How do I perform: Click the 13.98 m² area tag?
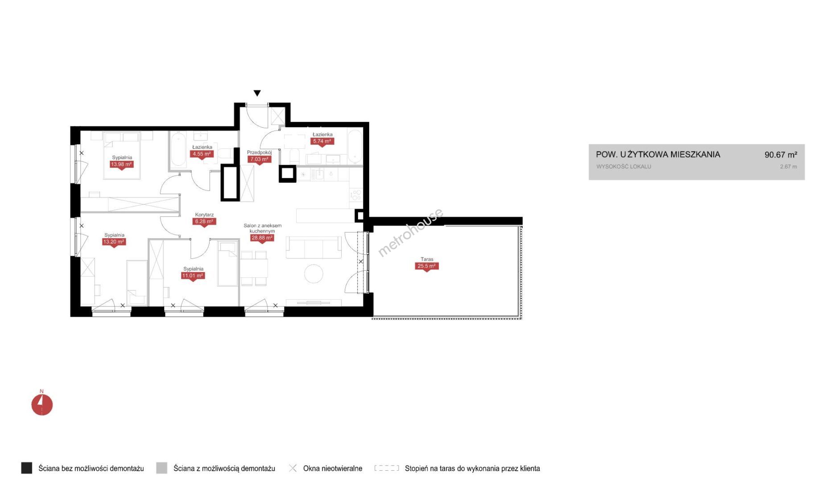[121, 164]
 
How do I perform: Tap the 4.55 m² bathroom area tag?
[202, 154]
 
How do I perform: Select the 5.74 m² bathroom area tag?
[322, 142]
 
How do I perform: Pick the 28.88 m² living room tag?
[262, 238]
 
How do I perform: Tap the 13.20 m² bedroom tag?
[114, 242]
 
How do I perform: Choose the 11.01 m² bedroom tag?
[193, 276]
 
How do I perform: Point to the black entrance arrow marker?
[257, 93]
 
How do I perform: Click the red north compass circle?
[42, 405]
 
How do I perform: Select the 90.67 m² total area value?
[780, 155]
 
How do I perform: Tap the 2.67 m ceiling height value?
[788, 167]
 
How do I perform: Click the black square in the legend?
[27, 468]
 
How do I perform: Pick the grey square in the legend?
[162, 468]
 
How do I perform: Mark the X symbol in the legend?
[293, 468]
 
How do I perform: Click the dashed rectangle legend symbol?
[387, 468]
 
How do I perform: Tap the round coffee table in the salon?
[313, 273]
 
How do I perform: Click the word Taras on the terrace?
[427, 259]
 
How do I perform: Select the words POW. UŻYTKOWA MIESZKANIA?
[658, 155]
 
